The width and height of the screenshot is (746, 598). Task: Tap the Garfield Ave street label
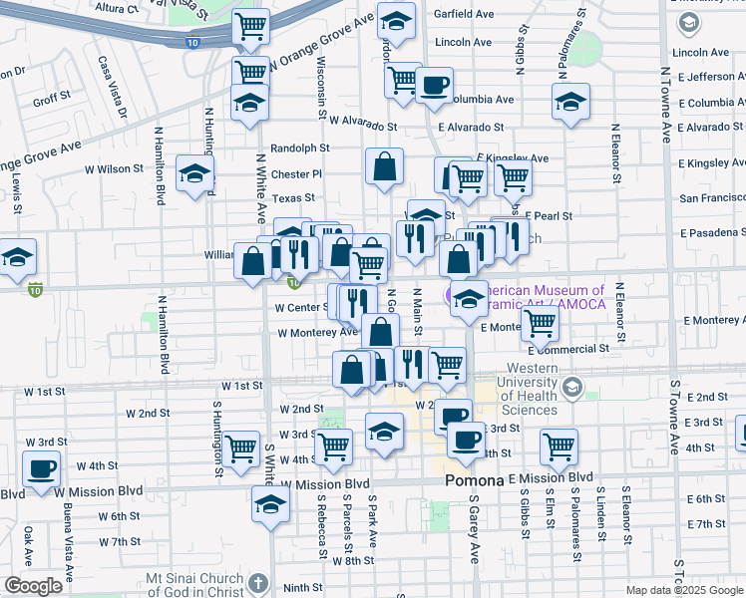tap(465, 15)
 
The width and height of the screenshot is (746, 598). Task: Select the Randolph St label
tap(299, 148)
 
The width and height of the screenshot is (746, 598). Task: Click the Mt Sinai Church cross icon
tap(257, 581)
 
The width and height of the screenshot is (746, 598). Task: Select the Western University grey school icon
tap(572, 388)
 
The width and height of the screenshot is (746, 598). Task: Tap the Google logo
tap(33, 586)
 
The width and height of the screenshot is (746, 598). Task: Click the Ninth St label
tap(302, 588)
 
